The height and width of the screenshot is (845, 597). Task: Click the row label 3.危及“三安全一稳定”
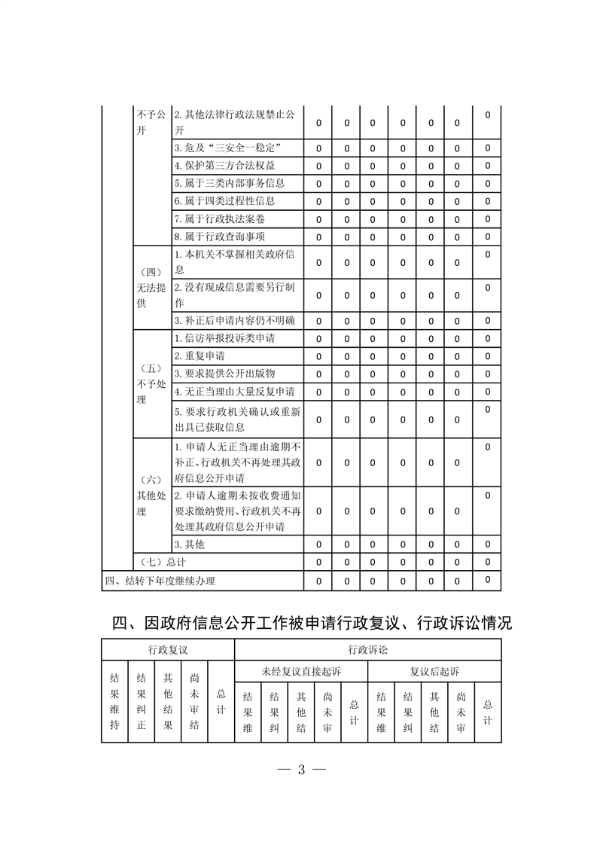click(228, 148)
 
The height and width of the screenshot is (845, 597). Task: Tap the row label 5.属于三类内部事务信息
click(229, 183)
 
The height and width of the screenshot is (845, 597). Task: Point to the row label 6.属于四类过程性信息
click(224, 201)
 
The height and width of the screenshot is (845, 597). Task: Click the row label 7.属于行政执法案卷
click(219, 219)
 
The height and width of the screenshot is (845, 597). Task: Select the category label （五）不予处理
click(151, 384)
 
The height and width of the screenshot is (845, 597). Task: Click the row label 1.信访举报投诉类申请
click(224, 338)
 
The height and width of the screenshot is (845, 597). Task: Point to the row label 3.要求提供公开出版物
click(224, 374)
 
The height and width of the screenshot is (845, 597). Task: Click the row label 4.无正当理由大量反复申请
click(234, 392)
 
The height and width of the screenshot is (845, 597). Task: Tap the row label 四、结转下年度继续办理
click(160, 580)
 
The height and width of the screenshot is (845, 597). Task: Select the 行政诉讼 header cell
click(368, 649)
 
